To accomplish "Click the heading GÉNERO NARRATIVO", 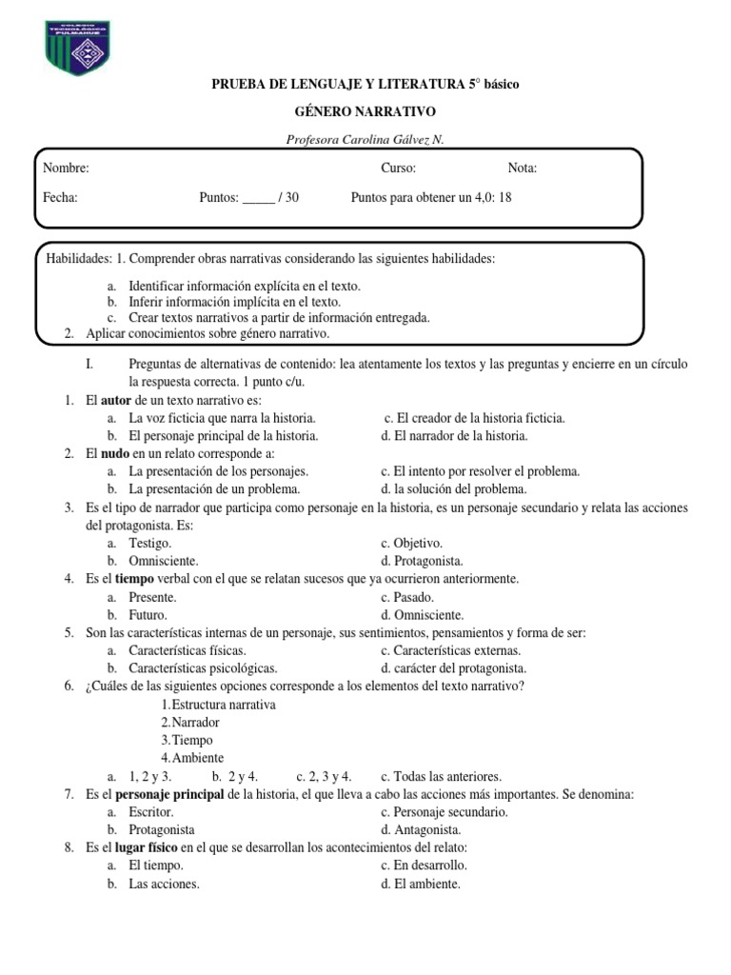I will [365, 112].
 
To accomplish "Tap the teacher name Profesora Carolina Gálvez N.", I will [365, 140].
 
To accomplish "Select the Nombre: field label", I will [67, 169].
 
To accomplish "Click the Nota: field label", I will [523, 169].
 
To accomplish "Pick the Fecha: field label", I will [61, 198].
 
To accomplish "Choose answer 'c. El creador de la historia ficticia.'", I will [474, 418].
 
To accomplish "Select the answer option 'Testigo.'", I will [150, 543].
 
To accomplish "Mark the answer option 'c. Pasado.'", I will [407, 597].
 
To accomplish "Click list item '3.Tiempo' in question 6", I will [187, 740].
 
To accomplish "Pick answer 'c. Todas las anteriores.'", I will [441, 776].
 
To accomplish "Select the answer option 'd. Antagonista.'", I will [419, 830].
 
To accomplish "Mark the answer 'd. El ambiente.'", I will [421, 884].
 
